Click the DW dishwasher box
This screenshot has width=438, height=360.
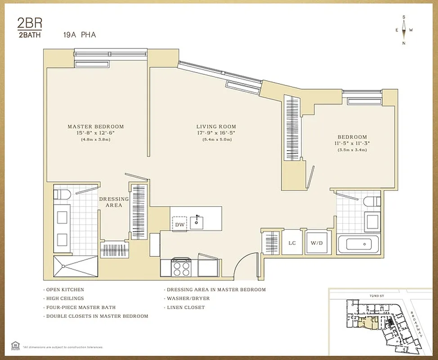tap(180, 224)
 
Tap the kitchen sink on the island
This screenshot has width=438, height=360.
tap(197, 221)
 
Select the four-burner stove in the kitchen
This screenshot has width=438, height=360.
tap(181, 268)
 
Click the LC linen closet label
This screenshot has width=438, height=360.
tap(292, 243)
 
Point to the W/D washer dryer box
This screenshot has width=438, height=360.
tap(317, 243)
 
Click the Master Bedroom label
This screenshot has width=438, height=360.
tap(95, 126)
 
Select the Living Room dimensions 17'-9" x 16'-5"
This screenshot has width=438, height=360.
tap(216, 133)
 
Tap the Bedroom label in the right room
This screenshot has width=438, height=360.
tap(352, 137)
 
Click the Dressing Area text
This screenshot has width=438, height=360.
tap(114, 202)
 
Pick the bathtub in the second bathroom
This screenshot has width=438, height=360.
tap(358, 245)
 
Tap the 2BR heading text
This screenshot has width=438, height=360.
tap(27, 23)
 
